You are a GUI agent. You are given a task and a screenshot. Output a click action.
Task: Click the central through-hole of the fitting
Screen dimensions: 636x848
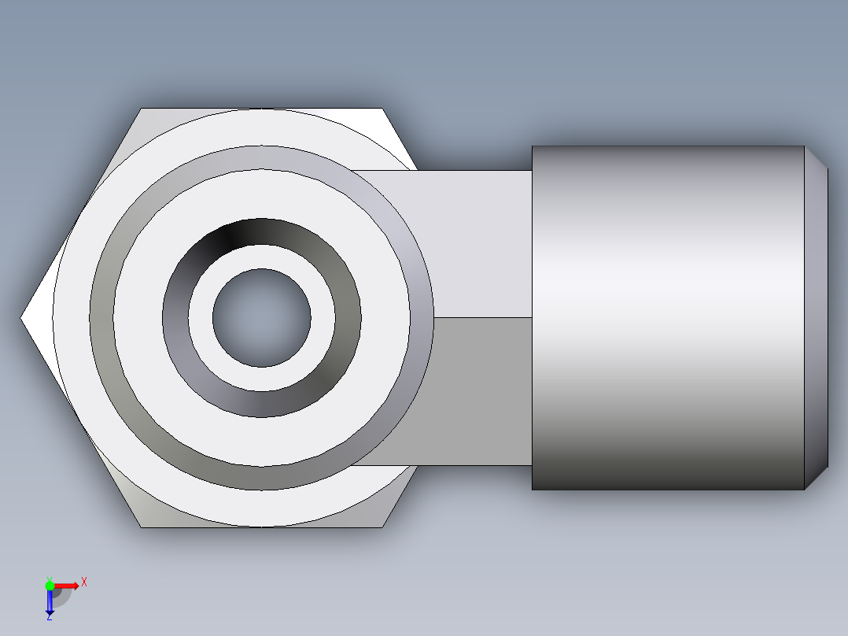(261, 318)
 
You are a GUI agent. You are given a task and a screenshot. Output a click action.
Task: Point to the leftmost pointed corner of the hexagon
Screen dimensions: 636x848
(23, 318)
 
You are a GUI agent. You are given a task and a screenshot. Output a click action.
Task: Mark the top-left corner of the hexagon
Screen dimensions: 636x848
(142, 109)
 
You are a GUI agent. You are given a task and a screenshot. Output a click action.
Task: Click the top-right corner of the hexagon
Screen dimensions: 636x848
(382, 109)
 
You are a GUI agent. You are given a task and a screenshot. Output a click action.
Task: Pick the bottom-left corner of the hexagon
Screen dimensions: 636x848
(142, 526)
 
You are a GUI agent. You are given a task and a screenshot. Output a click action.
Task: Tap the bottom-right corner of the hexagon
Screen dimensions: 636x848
(382, 526)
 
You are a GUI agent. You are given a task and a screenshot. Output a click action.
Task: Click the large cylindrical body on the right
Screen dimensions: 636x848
(669, 318)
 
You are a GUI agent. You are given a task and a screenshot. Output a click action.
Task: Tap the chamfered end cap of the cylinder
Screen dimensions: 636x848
(817, 318)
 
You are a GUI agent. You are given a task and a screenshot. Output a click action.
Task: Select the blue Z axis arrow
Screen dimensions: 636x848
(50, 602)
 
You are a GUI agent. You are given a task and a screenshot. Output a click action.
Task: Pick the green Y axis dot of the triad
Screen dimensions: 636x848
(50, 585)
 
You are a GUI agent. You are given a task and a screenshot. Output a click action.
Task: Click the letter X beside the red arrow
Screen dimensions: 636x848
(83, 582)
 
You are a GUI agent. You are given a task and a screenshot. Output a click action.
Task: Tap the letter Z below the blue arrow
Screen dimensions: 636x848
(49, 618)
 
